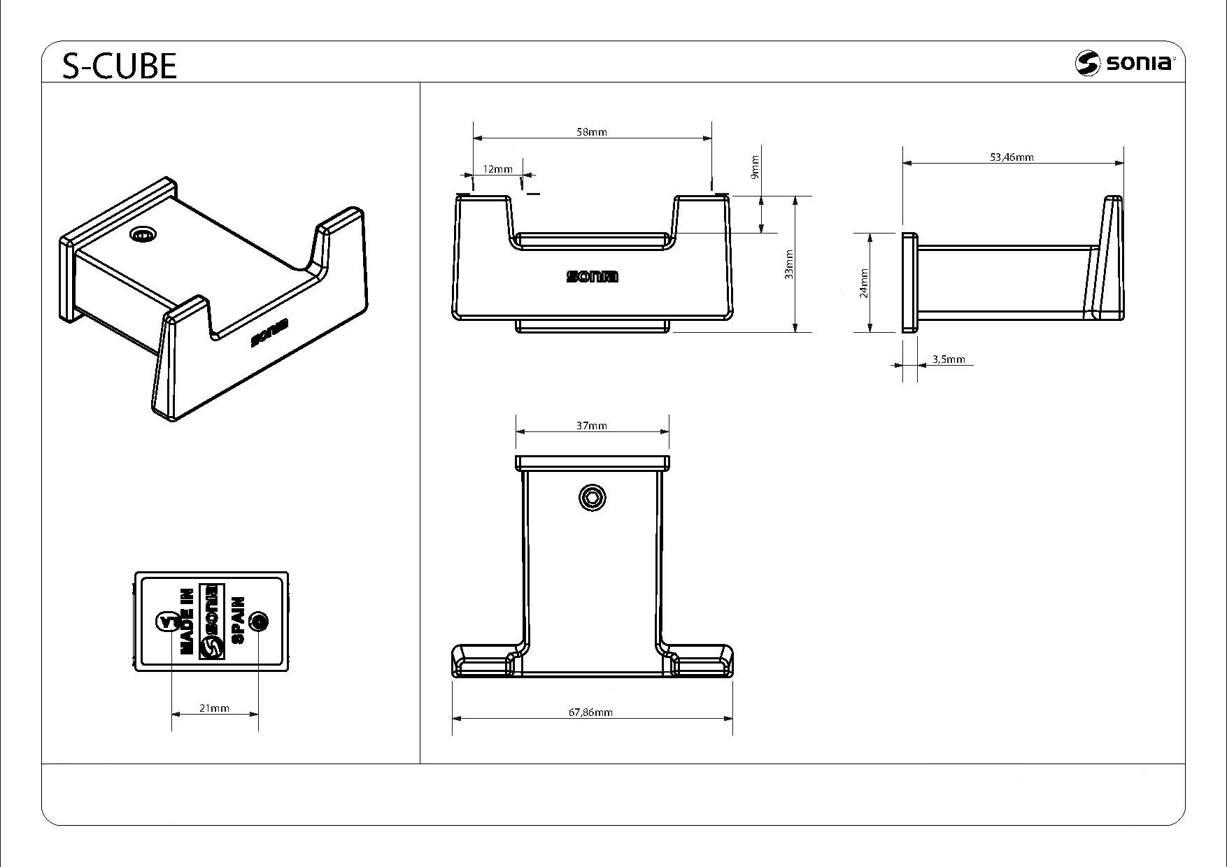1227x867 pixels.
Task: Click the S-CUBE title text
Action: [120, 66]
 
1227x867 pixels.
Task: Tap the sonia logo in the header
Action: [1126, 63]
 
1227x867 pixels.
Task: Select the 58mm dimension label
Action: [592, 132]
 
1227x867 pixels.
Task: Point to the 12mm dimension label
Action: [497, 169]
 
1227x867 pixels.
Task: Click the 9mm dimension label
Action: [754, 166]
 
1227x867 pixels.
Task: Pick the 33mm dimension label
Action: [789, 264]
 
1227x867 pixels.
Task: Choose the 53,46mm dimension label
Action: [1012, 157]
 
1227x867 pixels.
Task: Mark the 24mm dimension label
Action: [864, 283]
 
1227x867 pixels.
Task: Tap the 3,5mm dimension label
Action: [949, 359]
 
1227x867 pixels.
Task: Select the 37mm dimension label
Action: [592, 425]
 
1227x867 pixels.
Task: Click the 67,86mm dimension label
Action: [590, 712]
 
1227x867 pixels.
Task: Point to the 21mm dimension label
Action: [214, 708]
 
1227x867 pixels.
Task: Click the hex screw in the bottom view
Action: [593, 498]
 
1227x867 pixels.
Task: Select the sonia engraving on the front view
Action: [592, 277]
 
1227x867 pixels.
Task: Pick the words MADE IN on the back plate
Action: [187, 622]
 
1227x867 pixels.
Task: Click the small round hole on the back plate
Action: [259, 621]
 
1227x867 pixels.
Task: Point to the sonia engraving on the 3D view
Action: [269, 334]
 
